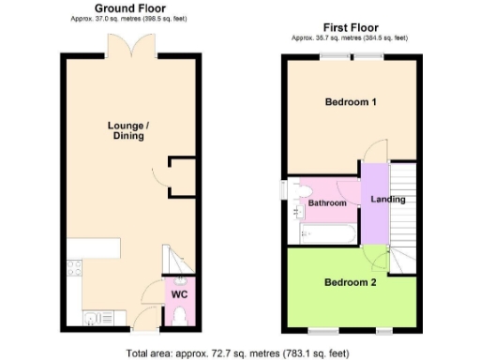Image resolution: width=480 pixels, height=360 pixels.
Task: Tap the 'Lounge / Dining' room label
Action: [126, 130]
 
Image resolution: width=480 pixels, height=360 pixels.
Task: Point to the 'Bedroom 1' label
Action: [351, 101]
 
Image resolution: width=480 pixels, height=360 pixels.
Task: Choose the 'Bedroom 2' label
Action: [351, 282]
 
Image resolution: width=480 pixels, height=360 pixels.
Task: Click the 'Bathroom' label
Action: [328, 203]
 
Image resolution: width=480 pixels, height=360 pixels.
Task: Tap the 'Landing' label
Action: [388, 199]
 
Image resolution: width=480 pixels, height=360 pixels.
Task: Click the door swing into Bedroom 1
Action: [374, 153]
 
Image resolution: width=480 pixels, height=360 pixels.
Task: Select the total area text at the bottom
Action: [240, 352]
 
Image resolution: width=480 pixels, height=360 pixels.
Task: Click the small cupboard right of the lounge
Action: [184, 176]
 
